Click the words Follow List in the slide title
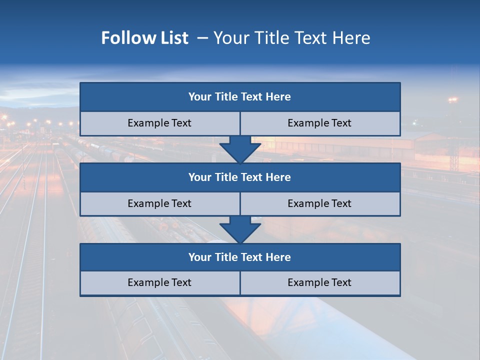tap(144, 38)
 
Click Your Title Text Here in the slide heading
tap(291, 38)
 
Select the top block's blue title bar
tap(240, 97)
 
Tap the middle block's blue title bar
tap(240, 177)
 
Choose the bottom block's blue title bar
tap(240, 257)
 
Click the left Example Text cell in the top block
tap(159, 123)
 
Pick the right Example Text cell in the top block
tap(320, 123)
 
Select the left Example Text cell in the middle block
tap(159, 204)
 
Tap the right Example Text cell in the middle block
tap(320, 204)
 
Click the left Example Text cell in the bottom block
tap(159, 283)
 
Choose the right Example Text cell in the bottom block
tap(320, 283)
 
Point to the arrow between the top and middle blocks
tap(240, 149)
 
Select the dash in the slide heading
tap(202, 38)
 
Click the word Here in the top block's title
tap(278, 97)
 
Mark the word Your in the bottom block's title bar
tap(200, 257)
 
